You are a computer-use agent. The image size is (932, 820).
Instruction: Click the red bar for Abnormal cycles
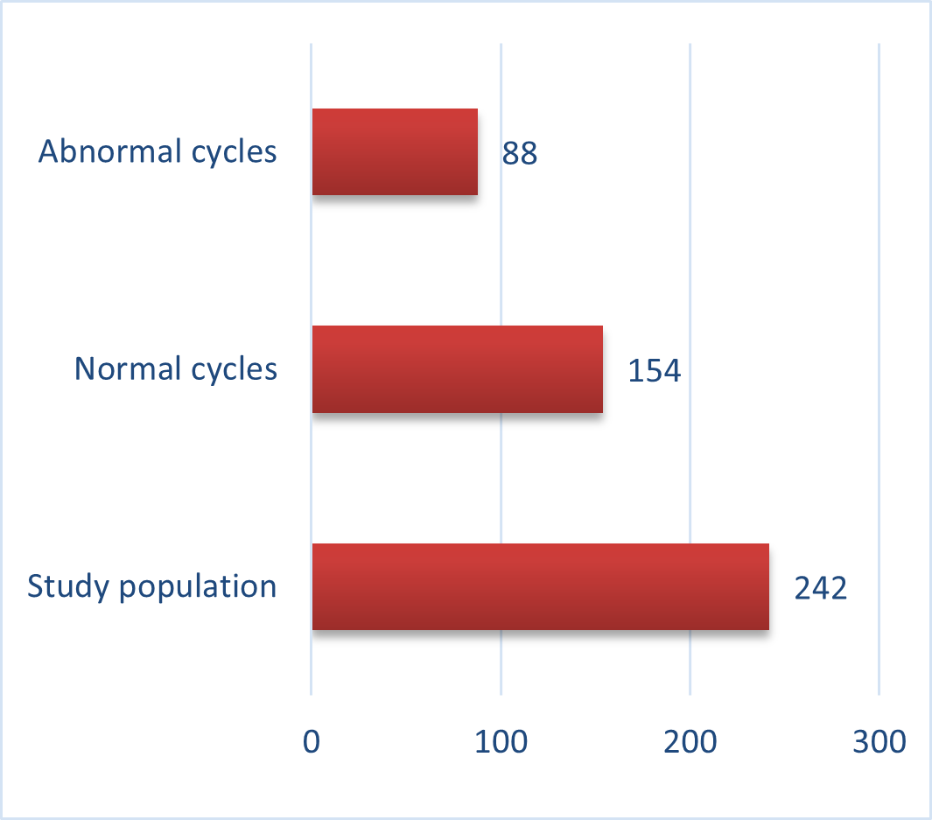(395, 151)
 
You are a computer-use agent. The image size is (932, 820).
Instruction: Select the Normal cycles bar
(458, 369)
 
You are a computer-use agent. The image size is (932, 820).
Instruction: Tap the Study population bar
(540, 586)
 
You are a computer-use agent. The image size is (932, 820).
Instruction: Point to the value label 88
(520, 152)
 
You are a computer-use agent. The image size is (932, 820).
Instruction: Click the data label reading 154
(654, 370)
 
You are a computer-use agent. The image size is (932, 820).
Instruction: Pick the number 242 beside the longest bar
(820, 588)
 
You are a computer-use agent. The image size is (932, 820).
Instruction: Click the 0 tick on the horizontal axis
(312, 741)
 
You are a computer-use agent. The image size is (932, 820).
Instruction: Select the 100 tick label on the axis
(501, 741)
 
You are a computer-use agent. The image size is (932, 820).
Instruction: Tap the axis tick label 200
(690, 741)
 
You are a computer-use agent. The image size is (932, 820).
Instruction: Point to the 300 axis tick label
(879, 741)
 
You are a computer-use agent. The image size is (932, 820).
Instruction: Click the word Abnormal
(110, 151)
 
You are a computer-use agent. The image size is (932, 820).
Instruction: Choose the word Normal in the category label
(128, 368)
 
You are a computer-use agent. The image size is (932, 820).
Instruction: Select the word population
(198, 587)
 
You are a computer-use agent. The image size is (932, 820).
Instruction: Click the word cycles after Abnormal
(235, 152)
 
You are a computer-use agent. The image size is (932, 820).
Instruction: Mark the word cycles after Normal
(235, 369)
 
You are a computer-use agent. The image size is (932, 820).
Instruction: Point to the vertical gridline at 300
(879, 369)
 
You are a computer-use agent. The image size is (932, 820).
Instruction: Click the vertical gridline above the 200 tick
(690, 369)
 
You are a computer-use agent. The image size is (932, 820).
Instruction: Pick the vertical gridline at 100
(501, 369)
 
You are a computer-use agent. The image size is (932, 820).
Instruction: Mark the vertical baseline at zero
(311, 369)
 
